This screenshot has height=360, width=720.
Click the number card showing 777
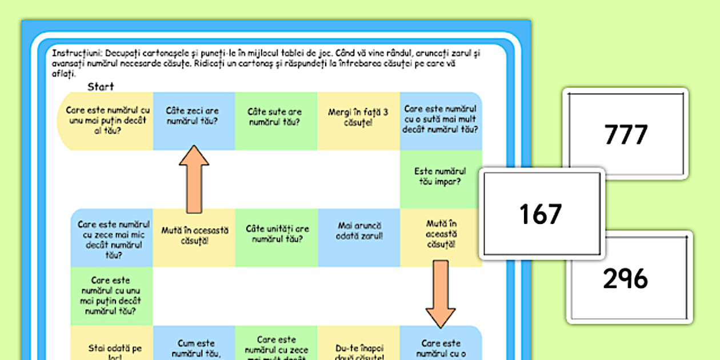pos(626,134)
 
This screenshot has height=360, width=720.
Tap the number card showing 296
pos(626,278)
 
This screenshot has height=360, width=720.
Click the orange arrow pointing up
pos(194,179)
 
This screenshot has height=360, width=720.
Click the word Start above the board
pos(101,87)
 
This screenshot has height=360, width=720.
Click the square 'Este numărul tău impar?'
pos(441,178)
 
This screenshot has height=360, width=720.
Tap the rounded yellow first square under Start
pos(106,121)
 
